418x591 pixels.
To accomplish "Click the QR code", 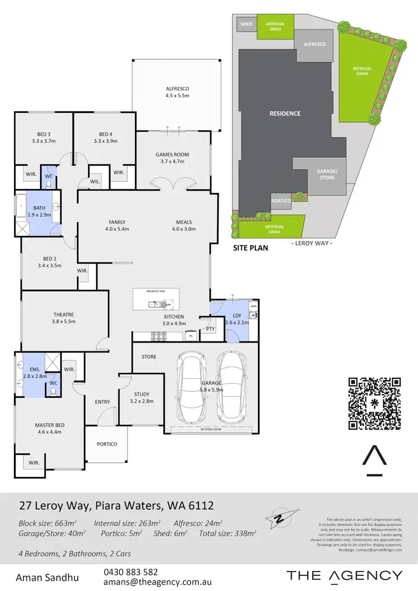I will [x=375, y=404].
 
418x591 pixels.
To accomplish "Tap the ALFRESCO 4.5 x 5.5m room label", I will [x=177, y=92].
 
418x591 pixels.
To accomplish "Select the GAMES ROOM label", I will [x=172, y=158].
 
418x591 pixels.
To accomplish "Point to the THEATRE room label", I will [x=63, y=318].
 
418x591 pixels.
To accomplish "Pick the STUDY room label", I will [x=142, y=397].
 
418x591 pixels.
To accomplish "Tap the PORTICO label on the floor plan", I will [x=106, y=444].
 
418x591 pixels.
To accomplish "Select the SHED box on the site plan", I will [x=246, y=25].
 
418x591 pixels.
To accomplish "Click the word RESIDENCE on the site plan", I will [x=285, y=114].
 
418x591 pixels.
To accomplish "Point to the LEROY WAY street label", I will [x=312, y=244].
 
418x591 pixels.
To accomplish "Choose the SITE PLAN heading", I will [x=250, y=248].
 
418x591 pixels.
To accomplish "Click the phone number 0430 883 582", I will [x=130, y=572].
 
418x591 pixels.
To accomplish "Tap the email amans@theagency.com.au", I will [x=157, y=582].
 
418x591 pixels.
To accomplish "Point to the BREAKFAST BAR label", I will [x=155, y=291].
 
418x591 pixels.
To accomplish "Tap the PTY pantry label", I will [x=210, y=329].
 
